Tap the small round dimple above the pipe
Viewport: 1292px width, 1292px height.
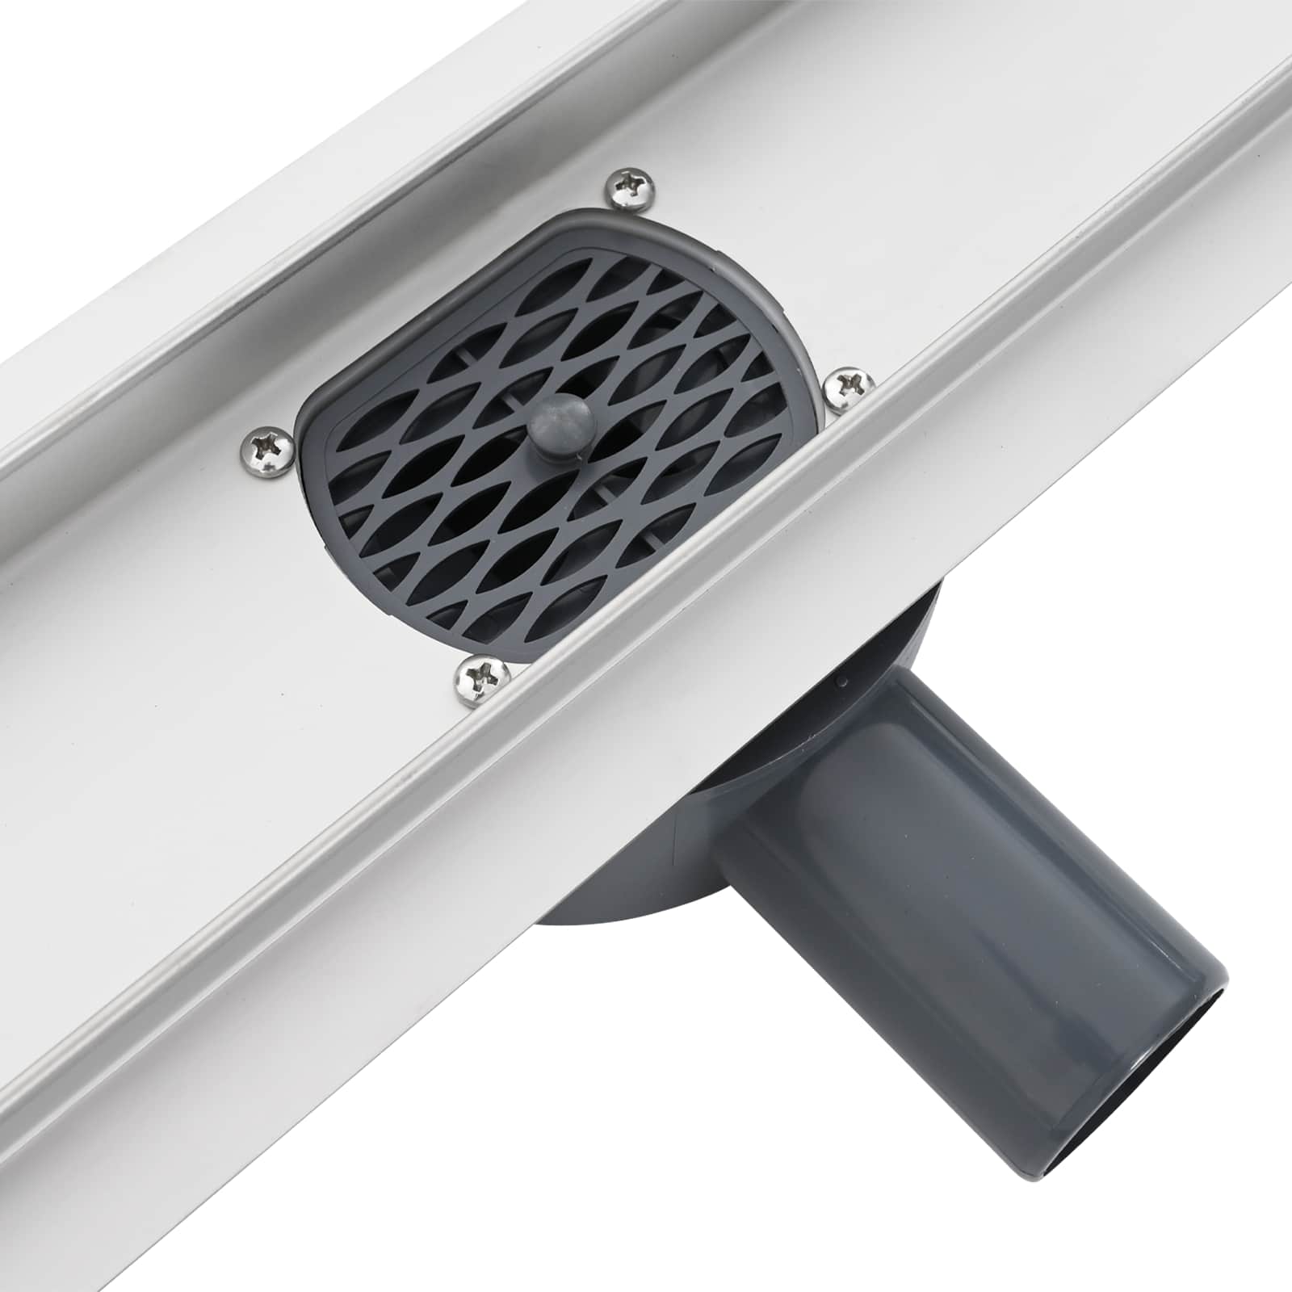pyautogui.click(x=843, y=682)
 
